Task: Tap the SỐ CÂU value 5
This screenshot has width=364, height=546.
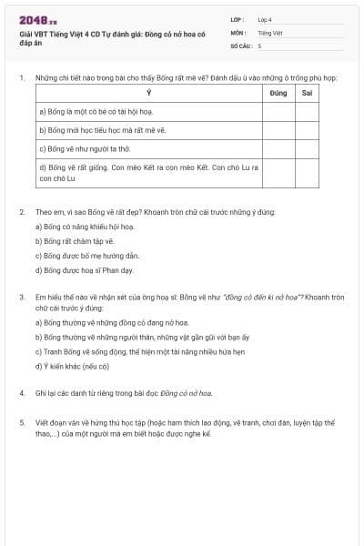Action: click(260, 45)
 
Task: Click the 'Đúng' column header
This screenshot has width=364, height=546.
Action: click(278, 94)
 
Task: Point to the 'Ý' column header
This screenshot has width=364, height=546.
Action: click(149, 94)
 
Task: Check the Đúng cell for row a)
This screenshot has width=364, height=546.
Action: click(278, 112)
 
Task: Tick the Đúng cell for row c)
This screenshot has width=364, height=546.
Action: click(278, 147)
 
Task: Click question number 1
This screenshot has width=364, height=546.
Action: click(22, 78)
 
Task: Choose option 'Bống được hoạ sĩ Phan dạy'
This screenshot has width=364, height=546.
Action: click(83, 270)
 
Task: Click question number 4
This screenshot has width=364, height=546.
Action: click(22, 393)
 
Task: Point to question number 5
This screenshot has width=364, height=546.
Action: click(22, 423)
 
